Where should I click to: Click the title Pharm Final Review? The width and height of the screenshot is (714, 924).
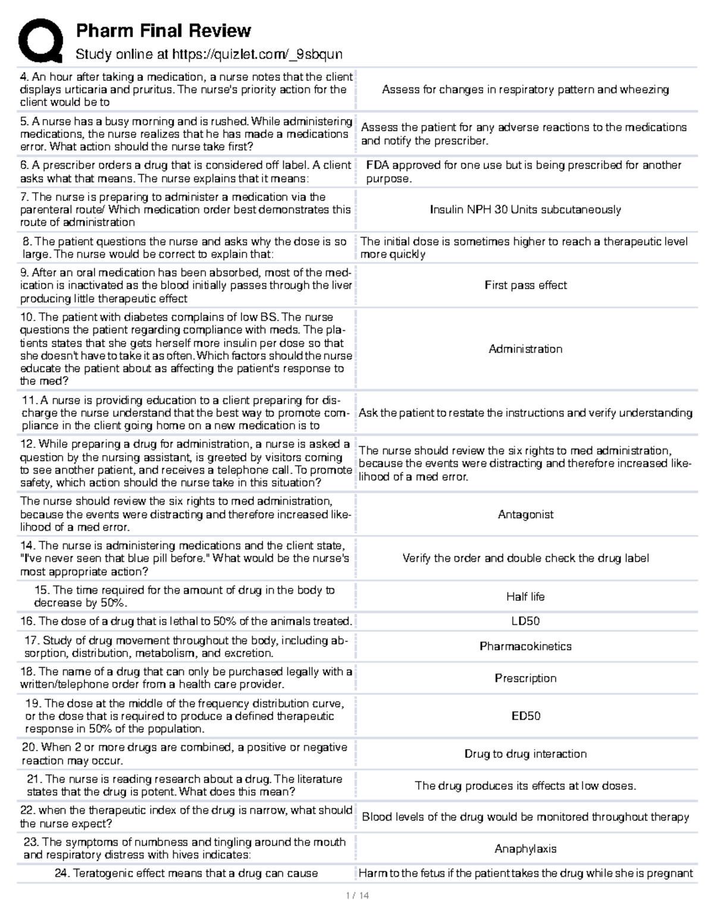pos(163,30)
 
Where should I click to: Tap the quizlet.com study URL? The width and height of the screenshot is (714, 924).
pos(257,55)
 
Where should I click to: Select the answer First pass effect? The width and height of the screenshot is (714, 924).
pos(525,285)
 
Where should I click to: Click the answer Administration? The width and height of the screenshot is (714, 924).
pos(525,349)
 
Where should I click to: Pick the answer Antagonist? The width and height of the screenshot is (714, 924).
pos(525,515)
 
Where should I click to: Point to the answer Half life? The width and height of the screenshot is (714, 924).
pos(525,597)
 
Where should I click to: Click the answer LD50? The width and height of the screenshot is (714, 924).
pos(525,621)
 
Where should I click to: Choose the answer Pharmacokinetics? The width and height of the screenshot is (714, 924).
pos(525,646)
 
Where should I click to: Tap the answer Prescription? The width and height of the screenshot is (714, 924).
pos(525,678)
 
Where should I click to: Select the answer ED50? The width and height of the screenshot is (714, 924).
pos(525,716)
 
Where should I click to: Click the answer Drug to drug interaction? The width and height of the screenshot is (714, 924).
pos(525,754)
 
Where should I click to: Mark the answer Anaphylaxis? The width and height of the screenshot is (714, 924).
pos(525,849)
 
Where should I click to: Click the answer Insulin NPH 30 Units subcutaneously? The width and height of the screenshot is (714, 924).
pos(525,209)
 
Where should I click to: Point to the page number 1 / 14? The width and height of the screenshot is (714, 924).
pos(357,895)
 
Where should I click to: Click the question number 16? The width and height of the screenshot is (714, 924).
pos(28,621)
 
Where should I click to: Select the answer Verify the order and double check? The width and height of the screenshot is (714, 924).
pos(525,558)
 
